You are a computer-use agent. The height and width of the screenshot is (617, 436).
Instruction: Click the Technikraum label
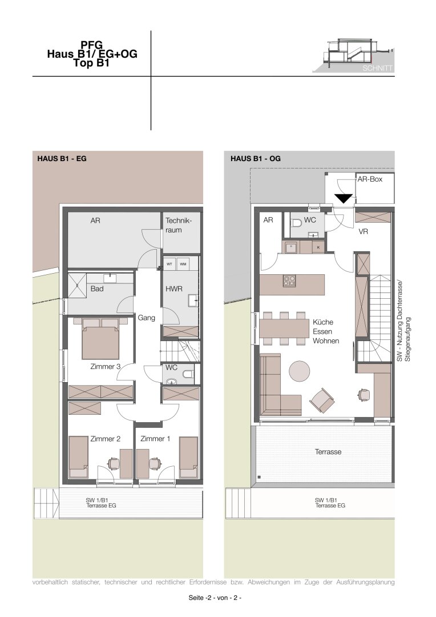pos(178,225)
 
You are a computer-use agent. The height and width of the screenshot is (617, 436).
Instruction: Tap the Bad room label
pos(96,289)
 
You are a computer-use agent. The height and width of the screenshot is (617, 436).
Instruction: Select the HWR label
pos(173,289)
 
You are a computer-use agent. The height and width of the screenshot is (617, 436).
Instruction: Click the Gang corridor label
pos(146,318)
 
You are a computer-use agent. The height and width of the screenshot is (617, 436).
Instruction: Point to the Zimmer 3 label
pos(106,367)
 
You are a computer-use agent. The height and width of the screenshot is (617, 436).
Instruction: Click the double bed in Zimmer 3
pos(100,339)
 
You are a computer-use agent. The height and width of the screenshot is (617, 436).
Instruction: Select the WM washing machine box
pos(183,264)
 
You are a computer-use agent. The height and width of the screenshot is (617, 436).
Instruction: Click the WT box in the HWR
pos(169,264)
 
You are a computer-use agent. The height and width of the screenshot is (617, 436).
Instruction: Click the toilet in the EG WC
pos(189,374)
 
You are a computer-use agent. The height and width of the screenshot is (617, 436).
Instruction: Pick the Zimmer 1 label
pos(155,439)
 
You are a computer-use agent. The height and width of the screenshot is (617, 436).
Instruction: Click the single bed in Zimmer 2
pos(78,457)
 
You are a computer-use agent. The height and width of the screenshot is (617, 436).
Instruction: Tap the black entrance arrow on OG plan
pos(343,199)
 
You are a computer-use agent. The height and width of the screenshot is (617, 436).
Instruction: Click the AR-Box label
pos(370,179)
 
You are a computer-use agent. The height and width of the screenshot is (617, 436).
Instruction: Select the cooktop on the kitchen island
pos(289,281)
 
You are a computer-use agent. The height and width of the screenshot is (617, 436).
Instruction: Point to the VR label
pos(364,232)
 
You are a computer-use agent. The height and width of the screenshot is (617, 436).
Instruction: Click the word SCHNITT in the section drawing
pos(377,68)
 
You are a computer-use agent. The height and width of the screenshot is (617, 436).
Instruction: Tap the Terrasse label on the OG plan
pos(328,452)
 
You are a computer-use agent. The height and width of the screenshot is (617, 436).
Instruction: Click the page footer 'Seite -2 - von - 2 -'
pos(215,598)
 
